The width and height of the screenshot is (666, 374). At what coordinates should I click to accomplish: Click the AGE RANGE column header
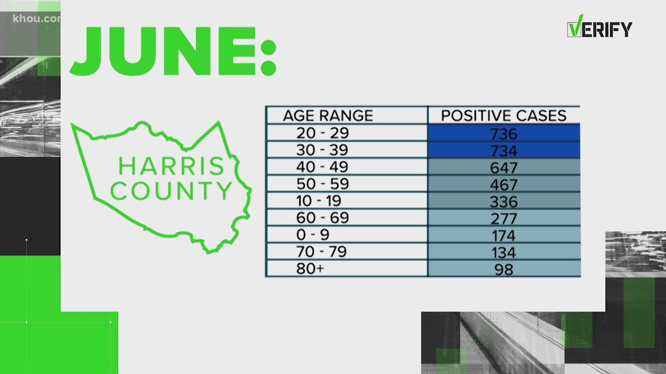tap(328, 115)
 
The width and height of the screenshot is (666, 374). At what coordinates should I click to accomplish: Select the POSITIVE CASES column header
tap(504, 115)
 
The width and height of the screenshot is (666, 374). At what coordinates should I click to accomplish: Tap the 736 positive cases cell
tap(504, 133)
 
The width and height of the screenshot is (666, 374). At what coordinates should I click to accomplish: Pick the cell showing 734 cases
tap(504, 150)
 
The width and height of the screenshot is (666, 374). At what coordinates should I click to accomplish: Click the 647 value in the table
tap(504, 167)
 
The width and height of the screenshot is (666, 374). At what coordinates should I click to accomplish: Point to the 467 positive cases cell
tap(504, 184)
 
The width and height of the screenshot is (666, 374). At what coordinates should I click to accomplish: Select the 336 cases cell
tap(504, 201)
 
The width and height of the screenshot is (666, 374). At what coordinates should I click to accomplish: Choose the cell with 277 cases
tap(504, 218)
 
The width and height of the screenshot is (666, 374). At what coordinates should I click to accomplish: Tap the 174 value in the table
tap(504, 235)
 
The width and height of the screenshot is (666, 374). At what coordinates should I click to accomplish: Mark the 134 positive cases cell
tap(504, 252)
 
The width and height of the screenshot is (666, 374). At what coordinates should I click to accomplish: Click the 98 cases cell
tap(504, 269)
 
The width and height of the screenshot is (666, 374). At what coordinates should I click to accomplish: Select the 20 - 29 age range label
tap(322, 133)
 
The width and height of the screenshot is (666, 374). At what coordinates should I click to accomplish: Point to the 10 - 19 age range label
tap(319, 201)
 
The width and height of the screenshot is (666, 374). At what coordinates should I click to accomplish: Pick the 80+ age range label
tap(310, 269)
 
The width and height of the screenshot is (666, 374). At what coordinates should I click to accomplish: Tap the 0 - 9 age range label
tap(313, 235)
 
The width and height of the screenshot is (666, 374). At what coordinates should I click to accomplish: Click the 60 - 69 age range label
tap(322, 218)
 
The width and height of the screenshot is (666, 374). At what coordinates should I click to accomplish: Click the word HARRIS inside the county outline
tap(171, 166)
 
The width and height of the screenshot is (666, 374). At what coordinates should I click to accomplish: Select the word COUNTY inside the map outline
tap(171, 190)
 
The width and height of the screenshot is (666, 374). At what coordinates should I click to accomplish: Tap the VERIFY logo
tap(599, 27)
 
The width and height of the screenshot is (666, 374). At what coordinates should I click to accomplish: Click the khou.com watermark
tap(36, 18)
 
